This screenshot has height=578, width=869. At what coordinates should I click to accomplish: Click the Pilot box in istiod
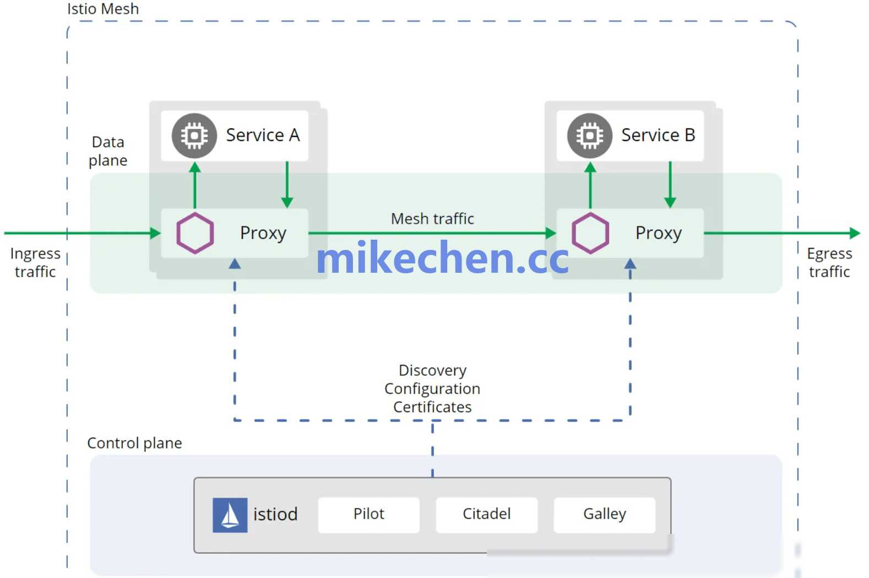(368, 515)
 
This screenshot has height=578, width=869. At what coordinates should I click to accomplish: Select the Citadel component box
(486, 515)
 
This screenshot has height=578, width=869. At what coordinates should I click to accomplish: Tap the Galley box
(605, 515)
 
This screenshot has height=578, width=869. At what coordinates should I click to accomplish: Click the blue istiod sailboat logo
(230, 515)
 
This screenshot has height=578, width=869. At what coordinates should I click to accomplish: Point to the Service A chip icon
(194, 136)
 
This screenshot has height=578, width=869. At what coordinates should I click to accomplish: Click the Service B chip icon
(590, 136)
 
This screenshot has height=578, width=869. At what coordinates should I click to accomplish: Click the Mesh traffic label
(432, 219)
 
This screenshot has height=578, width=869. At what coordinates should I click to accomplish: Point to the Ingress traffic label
(35, 262)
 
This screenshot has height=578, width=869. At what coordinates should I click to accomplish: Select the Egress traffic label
(829, 262)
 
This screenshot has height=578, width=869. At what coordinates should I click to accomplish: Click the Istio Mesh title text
(103, 9)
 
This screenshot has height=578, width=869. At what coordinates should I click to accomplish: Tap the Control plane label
(134, 443)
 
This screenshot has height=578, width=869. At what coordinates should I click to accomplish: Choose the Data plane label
(108, 152)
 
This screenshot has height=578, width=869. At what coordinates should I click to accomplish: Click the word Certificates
(432, 407)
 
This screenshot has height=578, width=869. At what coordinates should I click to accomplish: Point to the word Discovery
(432, 371)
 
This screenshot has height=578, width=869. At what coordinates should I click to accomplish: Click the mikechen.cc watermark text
(442, 257)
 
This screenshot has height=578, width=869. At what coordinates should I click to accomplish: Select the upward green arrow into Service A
(195, 185)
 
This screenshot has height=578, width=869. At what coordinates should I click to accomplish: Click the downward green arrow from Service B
(670, 185)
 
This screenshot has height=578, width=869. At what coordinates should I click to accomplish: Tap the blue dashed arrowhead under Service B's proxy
(630, 264)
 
